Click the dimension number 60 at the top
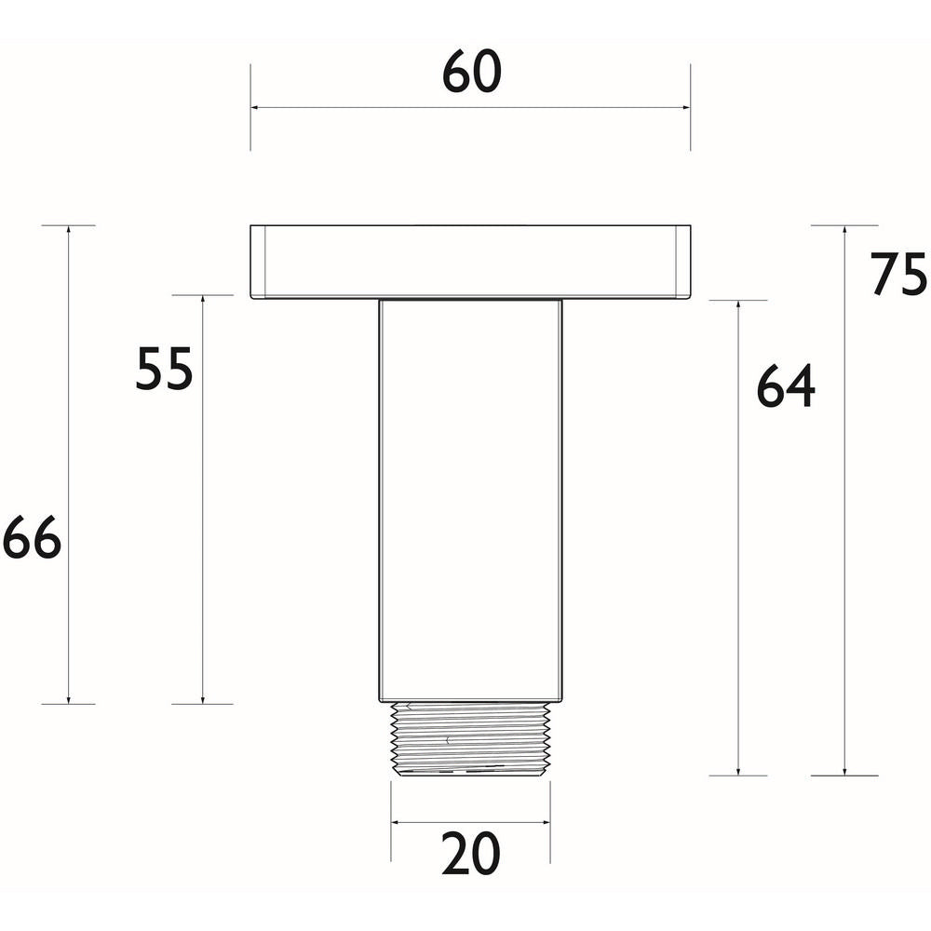pyautogui.click(x=471, y=73)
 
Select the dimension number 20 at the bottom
pyautogui.click(x=470, y=854)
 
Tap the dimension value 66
pyautogui.click(x=32, y=539)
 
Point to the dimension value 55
pyautogui.click(x=164, y=369)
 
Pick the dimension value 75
pyautogui.click(x=898, y=275)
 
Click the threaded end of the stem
pyautogui.click(x=470, y=738)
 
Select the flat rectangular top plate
pyautogui.click(x=470, y=262)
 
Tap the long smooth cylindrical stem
pyautogui.click(x=470, y=499)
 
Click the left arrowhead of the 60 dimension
pyautogui.click(x=256, y=108)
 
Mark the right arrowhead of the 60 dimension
pyautogui.click(x=685, y=108)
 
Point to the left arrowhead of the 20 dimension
pyautogui.click(x=396, y=822)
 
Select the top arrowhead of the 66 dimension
pyautogui.click(x=68, y=231)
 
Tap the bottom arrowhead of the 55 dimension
pyautogui.click(x=202, y=698)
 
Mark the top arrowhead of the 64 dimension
pyautogui.click(x=738, y=306)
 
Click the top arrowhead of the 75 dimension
pyautogui.click(x=844, y=231)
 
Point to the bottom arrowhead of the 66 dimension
pyautogui.click(x=68, y=698)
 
